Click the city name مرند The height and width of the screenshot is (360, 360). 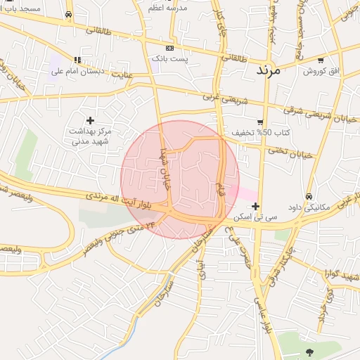coord(269,70)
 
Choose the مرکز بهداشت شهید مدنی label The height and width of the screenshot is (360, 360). coord(91,136)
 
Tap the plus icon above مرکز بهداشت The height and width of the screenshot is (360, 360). coord(90,120)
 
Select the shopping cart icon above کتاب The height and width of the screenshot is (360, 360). coord(260,122)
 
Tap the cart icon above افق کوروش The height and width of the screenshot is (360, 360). coord(321,60)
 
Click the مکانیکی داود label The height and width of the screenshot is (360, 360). coord(309,207)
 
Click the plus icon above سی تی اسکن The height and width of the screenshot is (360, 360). coord(255,206)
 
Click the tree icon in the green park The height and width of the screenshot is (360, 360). coord(309,352)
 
